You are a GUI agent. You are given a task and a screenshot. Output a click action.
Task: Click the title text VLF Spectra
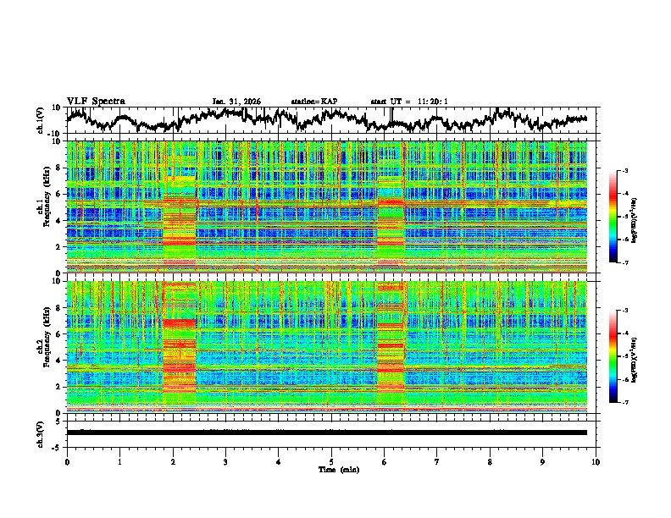tap(96, 101)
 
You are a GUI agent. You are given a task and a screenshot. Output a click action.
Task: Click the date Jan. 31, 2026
tap(236, 102)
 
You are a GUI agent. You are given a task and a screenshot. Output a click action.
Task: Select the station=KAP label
tap(314, 102)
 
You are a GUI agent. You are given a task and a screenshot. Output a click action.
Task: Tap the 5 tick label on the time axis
tap(331, 461)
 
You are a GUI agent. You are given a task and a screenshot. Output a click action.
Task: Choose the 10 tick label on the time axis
tap(596, 461)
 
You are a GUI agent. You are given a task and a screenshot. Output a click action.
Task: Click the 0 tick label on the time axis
tap(67, 461)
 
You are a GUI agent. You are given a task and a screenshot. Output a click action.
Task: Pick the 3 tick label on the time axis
tap(225, 461)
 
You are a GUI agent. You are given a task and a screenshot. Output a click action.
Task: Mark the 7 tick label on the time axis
tap(437, 461)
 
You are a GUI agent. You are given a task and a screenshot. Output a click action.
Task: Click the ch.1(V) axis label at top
tap(41, 121)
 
